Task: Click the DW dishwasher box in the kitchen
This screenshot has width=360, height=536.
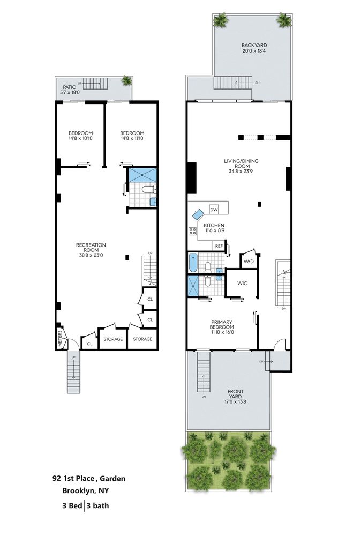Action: [x=214, y=210]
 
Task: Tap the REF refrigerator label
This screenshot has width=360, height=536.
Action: [x=219, y=246]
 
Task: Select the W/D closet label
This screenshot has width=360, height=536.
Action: [x=249, y=262]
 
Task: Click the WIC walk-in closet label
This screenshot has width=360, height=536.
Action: [x=242, y=284]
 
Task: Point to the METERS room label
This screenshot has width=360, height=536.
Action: [x=60, y=338]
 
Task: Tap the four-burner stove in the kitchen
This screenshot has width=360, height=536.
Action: [x=193, y=231]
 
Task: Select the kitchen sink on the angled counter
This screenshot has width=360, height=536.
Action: [x=198, y=215]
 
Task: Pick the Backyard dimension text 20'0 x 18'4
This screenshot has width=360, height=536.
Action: [x=254, y=51]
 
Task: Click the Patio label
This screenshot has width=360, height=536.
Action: [x=70, y=87]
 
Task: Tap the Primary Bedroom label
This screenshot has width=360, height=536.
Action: [x=222, y=324]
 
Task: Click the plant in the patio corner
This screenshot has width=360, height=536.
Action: [x=127, y=81]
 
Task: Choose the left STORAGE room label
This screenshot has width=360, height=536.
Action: [x=113, y=339]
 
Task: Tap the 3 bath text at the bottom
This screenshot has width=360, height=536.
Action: [x=98, y=505]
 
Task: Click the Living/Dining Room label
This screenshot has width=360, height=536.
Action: [x=241, y=163]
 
